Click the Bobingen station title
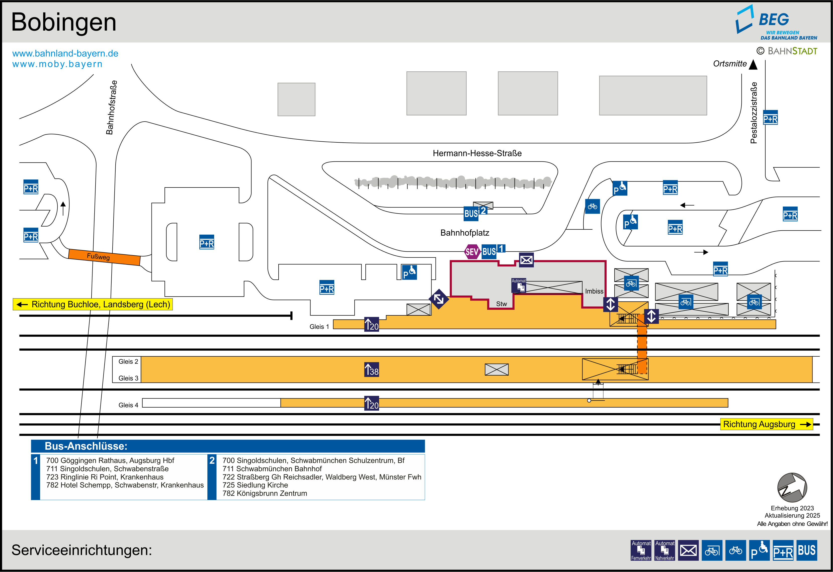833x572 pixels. pos(64,22)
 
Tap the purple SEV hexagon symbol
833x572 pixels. pos(472,252)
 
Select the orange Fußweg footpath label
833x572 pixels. pos(98,257)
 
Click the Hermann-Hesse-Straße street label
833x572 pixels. pos(477,153)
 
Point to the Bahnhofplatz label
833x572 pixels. pos(465,233)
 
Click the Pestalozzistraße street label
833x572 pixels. pos(754,113)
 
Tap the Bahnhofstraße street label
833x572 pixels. pos(112,108)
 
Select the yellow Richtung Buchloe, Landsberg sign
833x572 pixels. pos(93,304)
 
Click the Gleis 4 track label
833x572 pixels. pos(128,405)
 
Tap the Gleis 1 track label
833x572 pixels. pos(319,327)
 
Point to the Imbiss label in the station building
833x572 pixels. pos(594,291)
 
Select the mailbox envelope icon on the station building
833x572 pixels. pos(526,260)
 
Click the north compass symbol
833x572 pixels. pos(792,488)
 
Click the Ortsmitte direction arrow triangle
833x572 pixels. pos(754,64)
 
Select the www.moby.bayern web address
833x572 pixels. pos(57,64)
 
